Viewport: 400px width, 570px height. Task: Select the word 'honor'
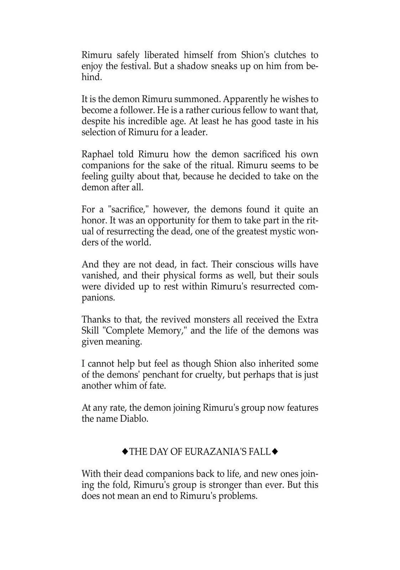94,221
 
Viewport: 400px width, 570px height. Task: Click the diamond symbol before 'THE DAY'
125,452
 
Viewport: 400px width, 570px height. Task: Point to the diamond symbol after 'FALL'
275,452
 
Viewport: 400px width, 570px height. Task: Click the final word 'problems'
237,496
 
